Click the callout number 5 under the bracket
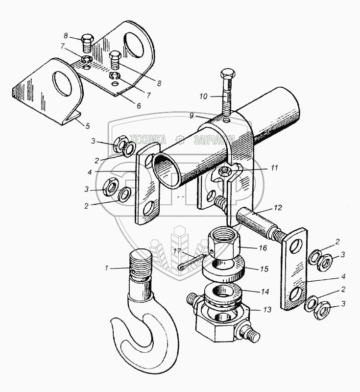[x=88, y=126]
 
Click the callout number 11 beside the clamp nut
[x=274, y=168]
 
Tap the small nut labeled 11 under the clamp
[x=226, y=171]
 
